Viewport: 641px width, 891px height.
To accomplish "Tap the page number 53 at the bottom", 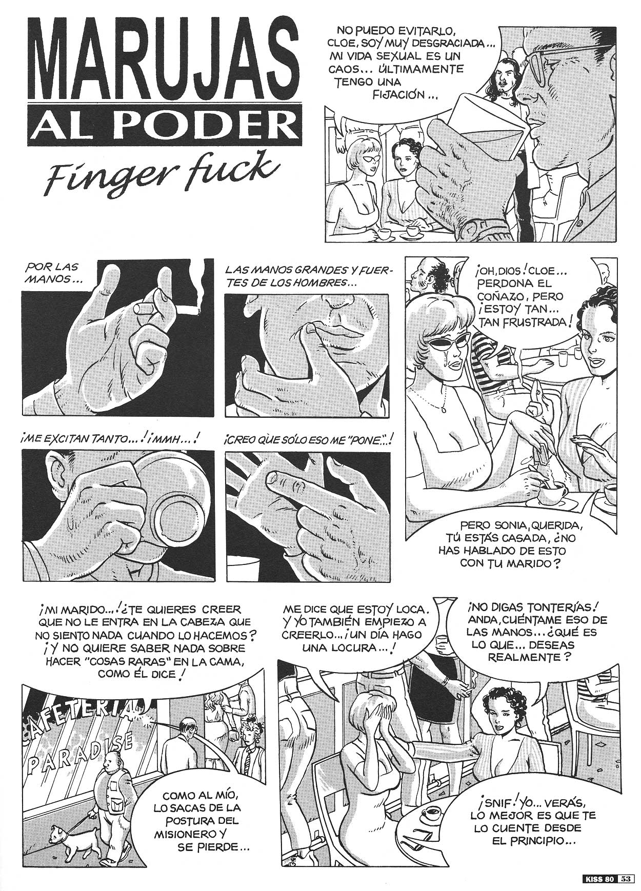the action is click(625, 878).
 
